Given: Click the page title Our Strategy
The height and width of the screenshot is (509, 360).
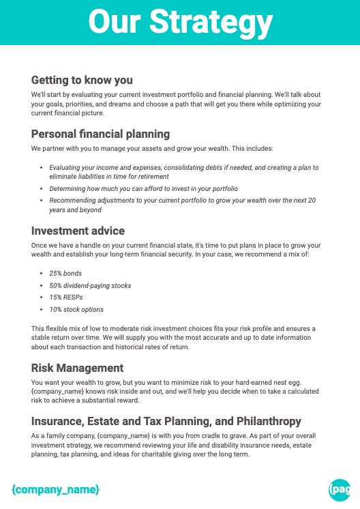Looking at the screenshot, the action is [180, 22].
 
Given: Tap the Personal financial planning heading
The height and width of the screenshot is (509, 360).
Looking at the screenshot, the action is [100, 134].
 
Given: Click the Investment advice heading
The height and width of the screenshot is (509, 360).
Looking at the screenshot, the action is [78, 231].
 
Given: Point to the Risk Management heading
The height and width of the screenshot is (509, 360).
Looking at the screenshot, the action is [77, 368].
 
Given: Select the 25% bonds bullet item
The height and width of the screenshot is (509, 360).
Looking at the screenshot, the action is [65, 273].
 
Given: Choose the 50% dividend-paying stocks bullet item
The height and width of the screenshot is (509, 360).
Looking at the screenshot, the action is [90, 285].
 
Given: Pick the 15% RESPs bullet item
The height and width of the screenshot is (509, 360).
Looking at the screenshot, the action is [66, 297].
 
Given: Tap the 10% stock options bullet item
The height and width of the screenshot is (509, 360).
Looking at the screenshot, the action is [76, 310].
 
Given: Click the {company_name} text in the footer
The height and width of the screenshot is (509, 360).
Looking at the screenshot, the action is [56, 489].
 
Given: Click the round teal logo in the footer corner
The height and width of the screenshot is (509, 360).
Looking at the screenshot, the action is [340, 490].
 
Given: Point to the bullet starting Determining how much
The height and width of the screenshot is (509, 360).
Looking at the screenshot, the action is [143, 188].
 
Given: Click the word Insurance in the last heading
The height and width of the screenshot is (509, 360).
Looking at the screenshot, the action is [60, 422].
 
